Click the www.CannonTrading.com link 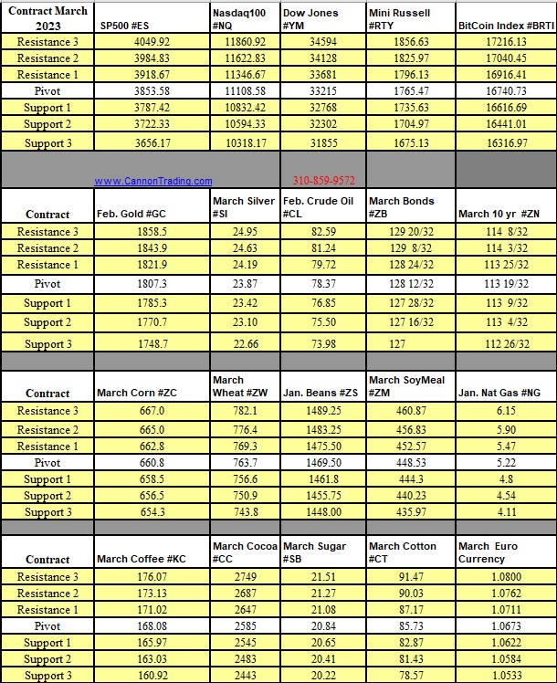152,181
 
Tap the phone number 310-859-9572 323,181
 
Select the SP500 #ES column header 131,26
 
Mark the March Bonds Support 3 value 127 409,344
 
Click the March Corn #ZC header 137,393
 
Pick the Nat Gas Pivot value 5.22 505,463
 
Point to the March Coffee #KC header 140,559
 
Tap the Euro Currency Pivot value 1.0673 505,626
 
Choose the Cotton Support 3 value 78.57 409,676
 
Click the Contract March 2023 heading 47,18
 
